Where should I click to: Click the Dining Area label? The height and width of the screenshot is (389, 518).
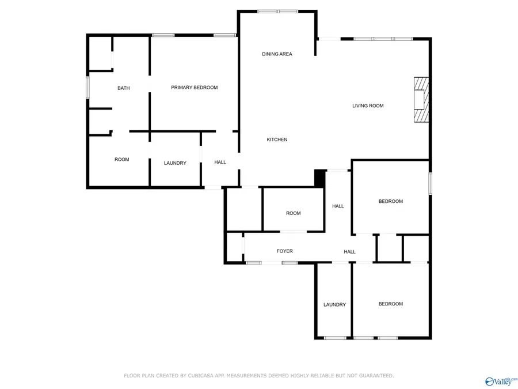[x=277, y=54]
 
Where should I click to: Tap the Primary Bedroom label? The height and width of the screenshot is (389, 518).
[x=195, y=88]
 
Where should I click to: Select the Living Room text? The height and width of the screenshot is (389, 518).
[x=368, y=106]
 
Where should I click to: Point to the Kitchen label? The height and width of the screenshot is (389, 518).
[x=277, y=139]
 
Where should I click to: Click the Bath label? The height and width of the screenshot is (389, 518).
[x=124, y=88]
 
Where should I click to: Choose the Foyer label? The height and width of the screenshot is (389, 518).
[x=284, y=251]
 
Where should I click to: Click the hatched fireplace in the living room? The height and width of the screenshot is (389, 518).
[x=421, y=100]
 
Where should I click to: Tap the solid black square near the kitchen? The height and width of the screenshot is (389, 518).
[x=319, y=178]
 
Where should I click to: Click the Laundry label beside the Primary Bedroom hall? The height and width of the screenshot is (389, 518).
[x=175, y=163]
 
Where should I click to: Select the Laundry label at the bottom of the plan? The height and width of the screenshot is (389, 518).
[x=334, y=305]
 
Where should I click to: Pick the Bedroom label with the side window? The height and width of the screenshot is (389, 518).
[x=390, y=201]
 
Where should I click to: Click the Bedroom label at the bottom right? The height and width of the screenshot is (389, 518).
[x=390, y=304]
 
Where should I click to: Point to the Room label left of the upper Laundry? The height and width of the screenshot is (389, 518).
[x=121, y=160]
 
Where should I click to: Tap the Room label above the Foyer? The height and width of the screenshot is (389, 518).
[x=294, y=213]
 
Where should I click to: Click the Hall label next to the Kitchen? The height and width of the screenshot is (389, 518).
[x=220, y=162]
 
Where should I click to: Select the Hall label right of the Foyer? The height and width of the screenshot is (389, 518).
[x=349, y=252]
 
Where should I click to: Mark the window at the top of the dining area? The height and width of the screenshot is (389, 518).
[x=277, y=12]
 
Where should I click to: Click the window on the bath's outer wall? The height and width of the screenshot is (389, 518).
[x=88, y=88]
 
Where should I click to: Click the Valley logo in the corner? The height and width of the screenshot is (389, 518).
[x=501, y=382]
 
